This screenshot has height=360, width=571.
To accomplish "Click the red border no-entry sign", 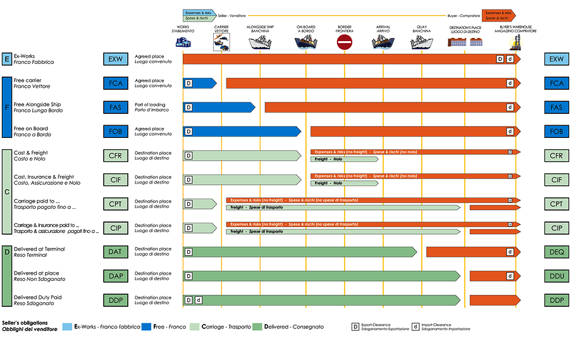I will [x=345, y=43].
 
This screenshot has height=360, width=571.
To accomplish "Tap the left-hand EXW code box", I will [x=115, y=59].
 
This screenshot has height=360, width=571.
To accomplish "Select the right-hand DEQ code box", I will [x=556, y=252].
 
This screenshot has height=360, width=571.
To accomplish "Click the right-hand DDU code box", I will [x=556, y=276].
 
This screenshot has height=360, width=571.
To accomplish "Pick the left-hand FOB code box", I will [x=115, y=132].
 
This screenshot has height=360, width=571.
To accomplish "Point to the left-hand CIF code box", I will [x=115, y=180].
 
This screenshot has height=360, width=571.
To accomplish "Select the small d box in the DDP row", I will [x=198, y=300].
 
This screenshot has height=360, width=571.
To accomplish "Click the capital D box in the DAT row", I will [x=188, y=252].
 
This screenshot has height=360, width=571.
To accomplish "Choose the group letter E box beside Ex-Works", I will [x=7, y=59].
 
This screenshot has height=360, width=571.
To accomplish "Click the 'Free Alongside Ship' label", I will [x=38, y=104].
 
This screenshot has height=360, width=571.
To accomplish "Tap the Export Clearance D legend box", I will [x=355, y=326].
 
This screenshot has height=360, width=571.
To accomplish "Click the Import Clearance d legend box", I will [x=415, y=326].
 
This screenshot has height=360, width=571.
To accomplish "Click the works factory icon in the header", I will [x=183, y=42].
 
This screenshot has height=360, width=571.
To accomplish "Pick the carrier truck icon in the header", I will [x=221, y=43].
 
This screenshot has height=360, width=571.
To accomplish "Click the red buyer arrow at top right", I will [x=498, y=15].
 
